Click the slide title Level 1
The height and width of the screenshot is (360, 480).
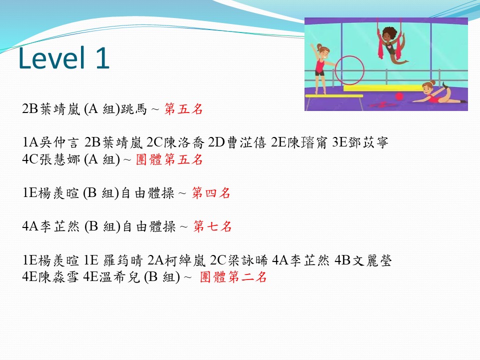coord(64,57)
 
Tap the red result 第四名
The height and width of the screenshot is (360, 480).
coord(211,193)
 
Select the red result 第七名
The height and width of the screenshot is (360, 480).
coord(212,226)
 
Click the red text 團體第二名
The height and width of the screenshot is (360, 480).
coord(233,276)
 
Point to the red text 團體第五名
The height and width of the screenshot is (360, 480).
coord(169,159)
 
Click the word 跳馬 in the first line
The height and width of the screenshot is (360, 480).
coord(134,108)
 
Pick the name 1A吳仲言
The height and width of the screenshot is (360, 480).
coord(50,142)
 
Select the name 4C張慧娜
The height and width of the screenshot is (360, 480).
coord(51,159)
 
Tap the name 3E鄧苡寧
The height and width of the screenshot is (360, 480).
coord(360,142)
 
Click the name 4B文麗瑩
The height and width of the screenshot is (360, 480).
coord(363,260)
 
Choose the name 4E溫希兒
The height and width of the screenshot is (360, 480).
coord(111,276)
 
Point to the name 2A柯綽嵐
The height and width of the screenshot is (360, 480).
coord(176,260)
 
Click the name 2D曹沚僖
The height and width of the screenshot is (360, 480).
coord(237,142)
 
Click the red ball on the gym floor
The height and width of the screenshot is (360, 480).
coord(399,96)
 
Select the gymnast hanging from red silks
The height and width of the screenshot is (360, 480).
coord(391,45)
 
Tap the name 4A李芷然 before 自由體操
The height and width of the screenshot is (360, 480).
coord(51,226)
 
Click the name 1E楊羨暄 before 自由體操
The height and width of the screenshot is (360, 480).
coord(50,193)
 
